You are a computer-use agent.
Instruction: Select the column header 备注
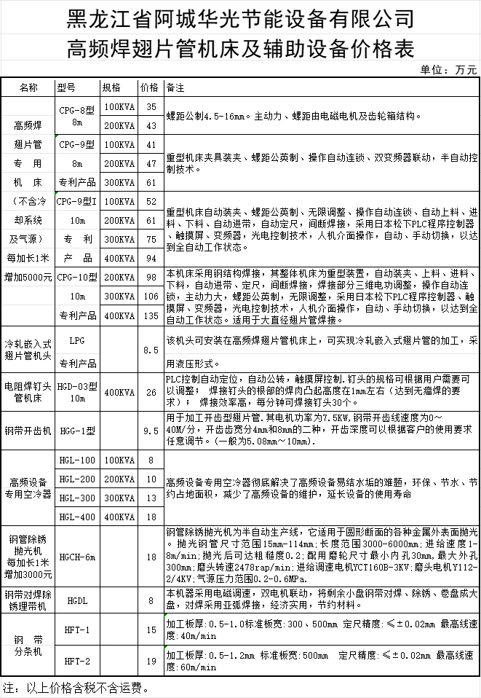point(175,87)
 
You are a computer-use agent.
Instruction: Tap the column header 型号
point(66,87)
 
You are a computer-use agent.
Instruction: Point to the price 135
point(151,315)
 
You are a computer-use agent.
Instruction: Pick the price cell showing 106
point(151,296)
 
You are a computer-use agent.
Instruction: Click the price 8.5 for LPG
point(151,350)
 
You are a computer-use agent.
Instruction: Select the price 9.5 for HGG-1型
point(151,431)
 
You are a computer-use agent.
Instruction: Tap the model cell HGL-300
point(77,498)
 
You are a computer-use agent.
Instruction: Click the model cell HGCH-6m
point(77,557)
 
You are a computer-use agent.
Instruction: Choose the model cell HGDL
point(77,601)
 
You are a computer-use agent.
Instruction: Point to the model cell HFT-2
point(77,661)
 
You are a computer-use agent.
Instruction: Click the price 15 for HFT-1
point(151,630)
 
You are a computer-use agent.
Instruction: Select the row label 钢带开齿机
point(28,431)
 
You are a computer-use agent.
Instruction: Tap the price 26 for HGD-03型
point(151,392)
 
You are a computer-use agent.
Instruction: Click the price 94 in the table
point(151,258)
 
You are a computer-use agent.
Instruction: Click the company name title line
point(240,17)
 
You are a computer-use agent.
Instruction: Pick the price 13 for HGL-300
point(151,498)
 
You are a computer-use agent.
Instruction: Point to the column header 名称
point(28,87)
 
